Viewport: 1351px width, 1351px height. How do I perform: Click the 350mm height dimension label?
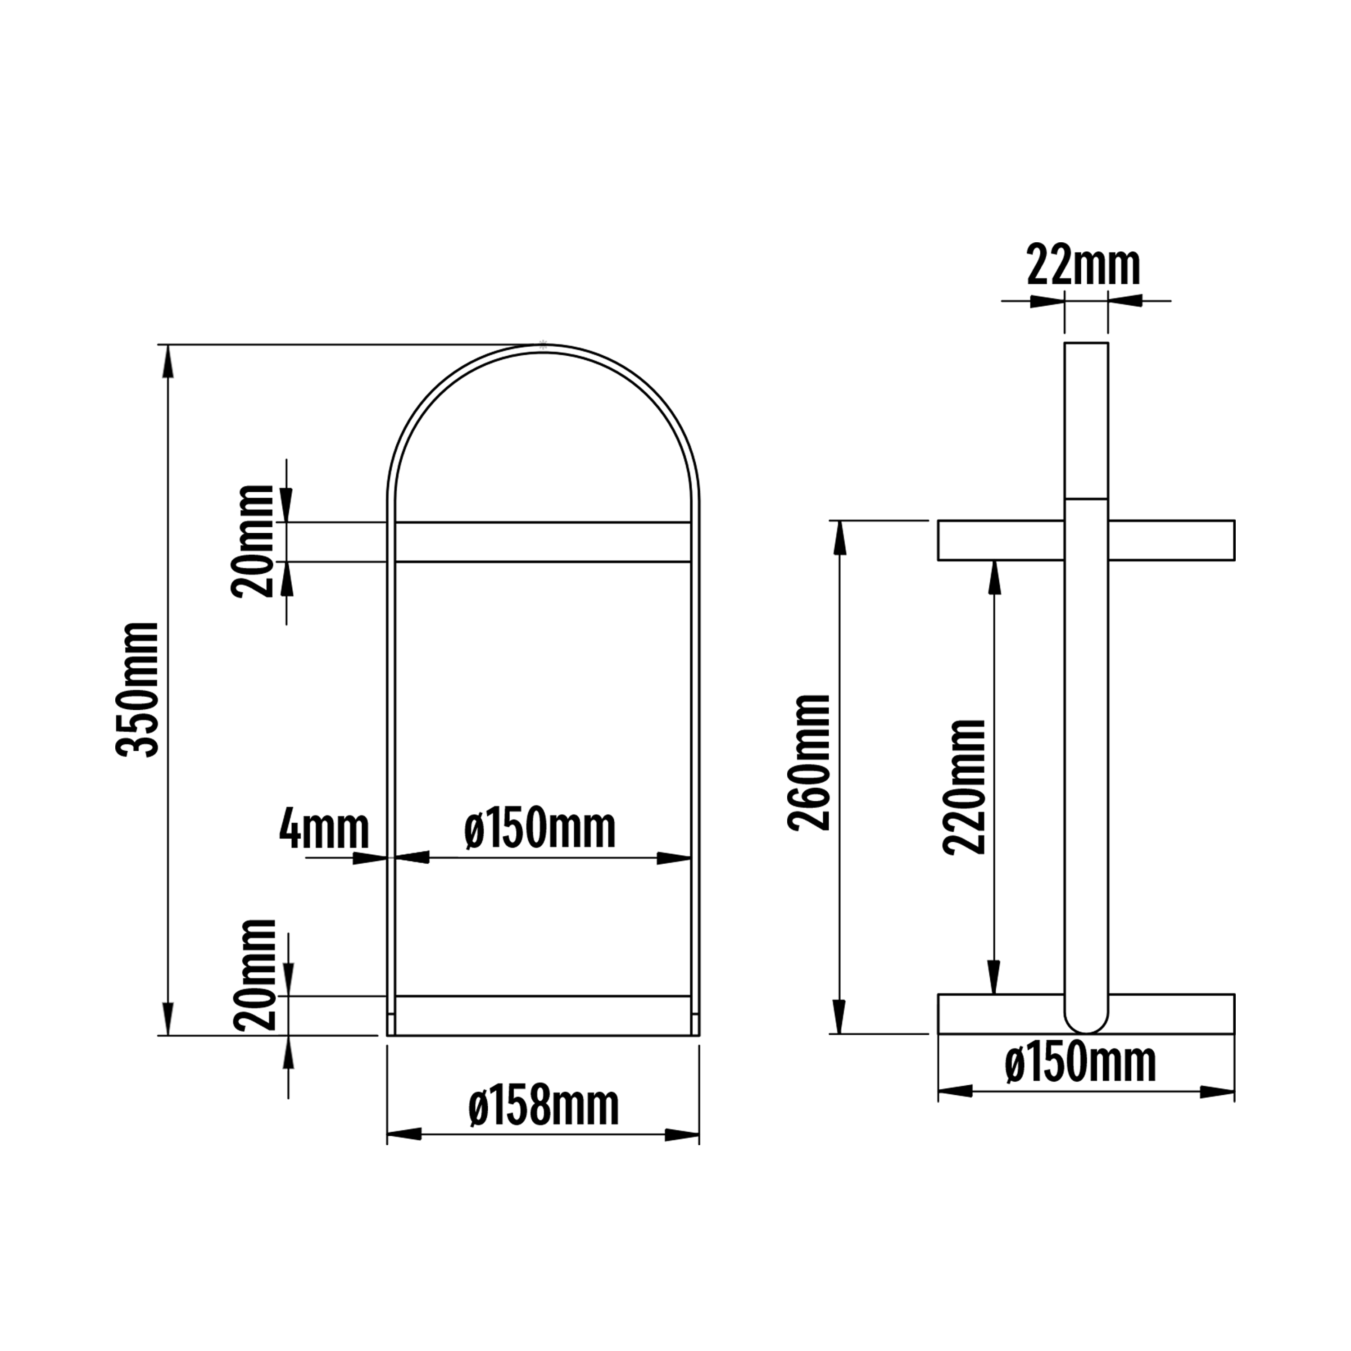pyautogui.click(x=138, y=689)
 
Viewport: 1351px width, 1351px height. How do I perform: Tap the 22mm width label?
pyautogui.click(x=1083, y=266)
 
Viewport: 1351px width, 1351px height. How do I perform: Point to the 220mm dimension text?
pyautogui.click(x=964, y=787)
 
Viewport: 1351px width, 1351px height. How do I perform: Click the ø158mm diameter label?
pyautogui.click(x=544, y=1107)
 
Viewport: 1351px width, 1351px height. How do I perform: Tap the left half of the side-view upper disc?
pyautogui.click(x=1000, y=540)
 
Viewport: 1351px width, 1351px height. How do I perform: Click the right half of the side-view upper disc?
pyautogui.click(x=1171, y=540)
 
